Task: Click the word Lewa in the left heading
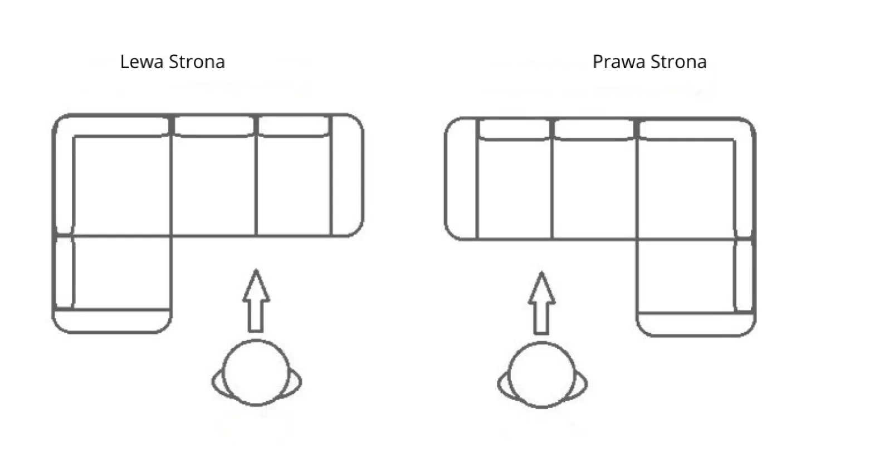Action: pos(141,62)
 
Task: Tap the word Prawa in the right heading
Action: pos(619,62)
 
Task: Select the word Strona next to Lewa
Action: pos(197,62)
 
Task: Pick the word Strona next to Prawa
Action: pos(678,62)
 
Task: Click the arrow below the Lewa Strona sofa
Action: pos(256,301)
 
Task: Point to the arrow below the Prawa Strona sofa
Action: pos(541,303)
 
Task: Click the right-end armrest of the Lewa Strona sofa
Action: pos(347,175)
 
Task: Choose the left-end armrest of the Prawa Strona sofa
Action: pos(461,178)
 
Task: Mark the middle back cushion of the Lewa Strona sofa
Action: pos(214,126)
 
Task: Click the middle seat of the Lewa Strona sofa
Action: pos(214,186)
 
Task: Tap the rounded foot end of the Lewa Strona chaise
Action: pos(112,321)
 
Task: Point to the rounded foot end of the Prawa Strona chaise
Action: pos(696,324)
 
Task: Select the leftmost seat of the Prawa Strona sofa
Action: pos(514,189)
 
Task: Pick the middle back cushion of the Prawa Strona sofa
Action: pos(594,130)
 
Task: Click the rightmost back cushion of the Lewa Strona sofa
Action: pos(294,126)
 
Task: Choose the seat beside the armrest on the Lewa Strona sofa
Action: pos(294,186)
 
